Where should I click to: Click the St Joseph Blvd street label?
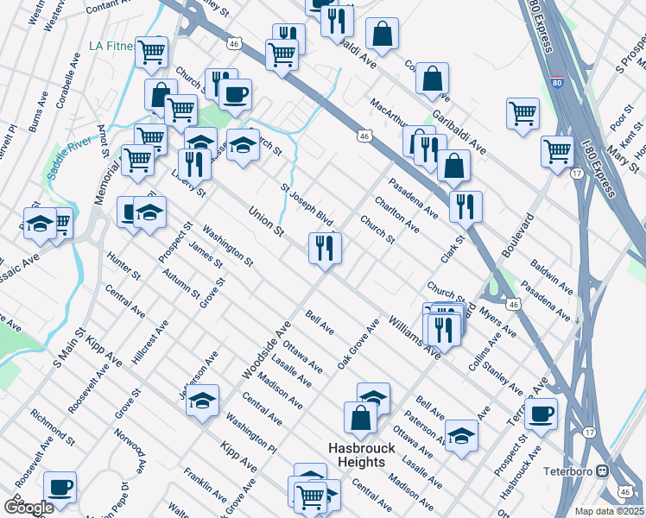307,204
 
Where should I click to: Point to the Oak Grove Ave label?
358,344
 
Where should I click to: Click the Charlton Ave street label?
396,215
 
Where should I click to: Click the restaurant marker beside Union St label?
326,249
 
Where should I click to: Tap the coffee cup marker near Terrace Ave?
541,413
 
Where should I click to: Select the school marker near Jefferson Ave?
202,401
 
